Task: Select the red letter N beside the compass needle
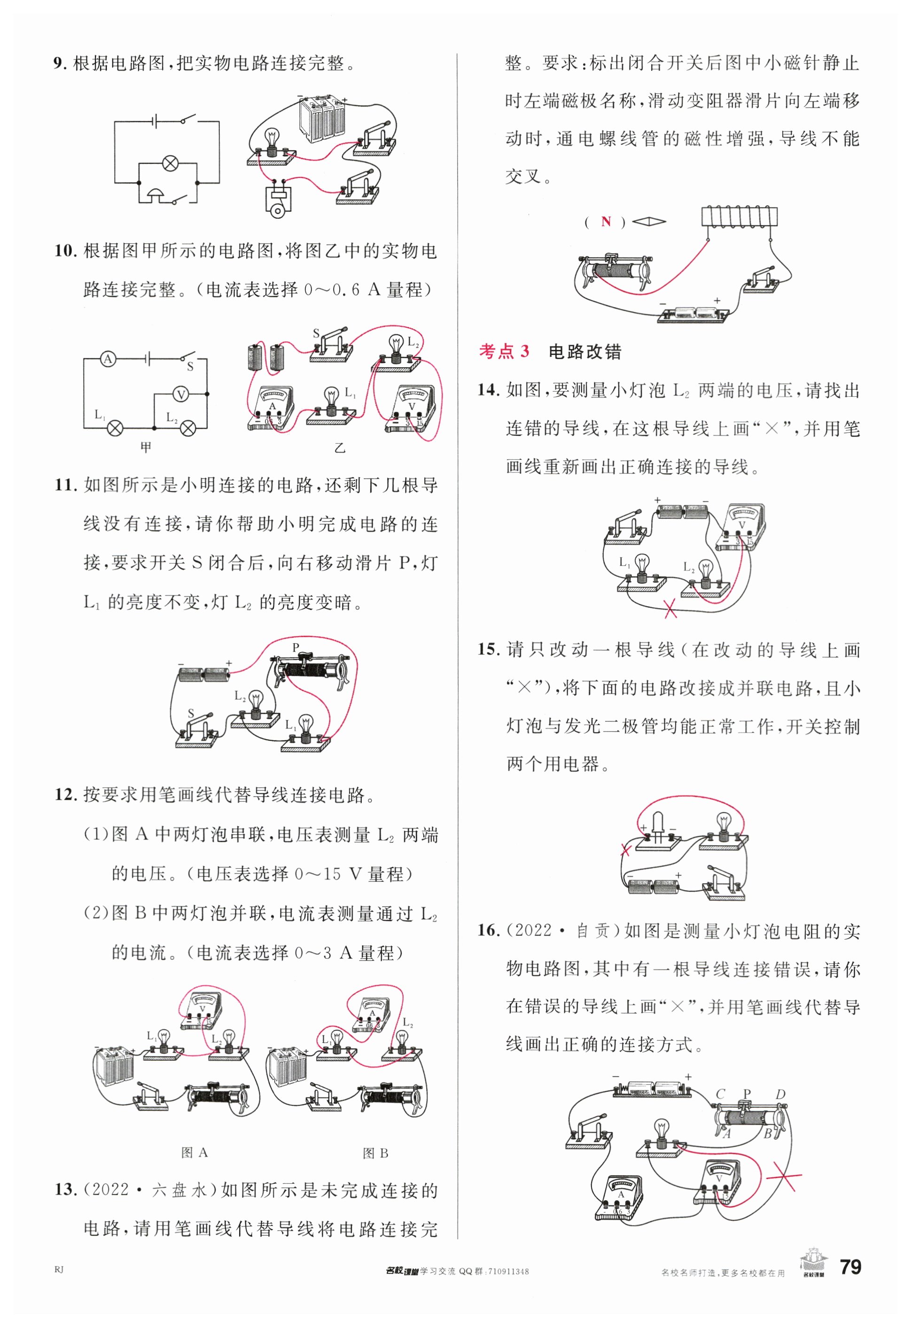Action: click(x=606, y=222)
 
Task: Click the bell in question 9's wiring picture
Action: click(x=278, y=201)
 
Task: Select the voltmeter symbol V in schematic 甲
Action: click(x=180, y=394)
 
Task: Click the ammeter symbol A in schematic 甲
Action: click(x=108, y=359)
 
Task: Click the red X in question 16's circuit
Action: click(x=784, y=1176)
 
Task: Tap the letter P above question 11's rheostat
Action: click(x=296, y=648)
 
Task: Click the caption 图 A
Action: click(x=194, y=1153)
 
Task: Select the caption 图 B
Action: click(x=375, y=1153)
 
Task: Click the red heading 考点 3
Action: click(x=504, y=352)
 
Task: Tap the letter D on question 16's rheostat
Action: click(x=780, y=1094)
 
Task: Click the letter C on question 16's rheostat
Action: click(x=721, y=1094)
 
